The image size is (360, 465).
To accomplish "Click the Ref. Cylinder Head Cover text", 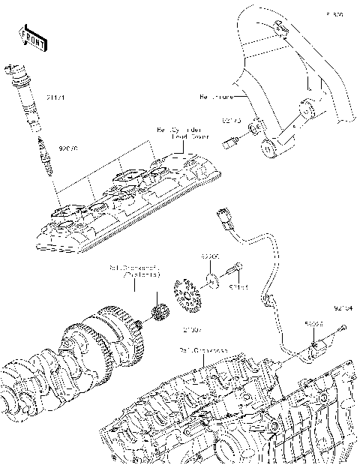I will (181, 133).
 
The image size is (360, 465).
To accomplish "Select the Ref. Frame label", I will (217, 97).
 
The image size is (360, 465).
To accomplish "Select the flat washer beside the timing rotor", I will (212, 281).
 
